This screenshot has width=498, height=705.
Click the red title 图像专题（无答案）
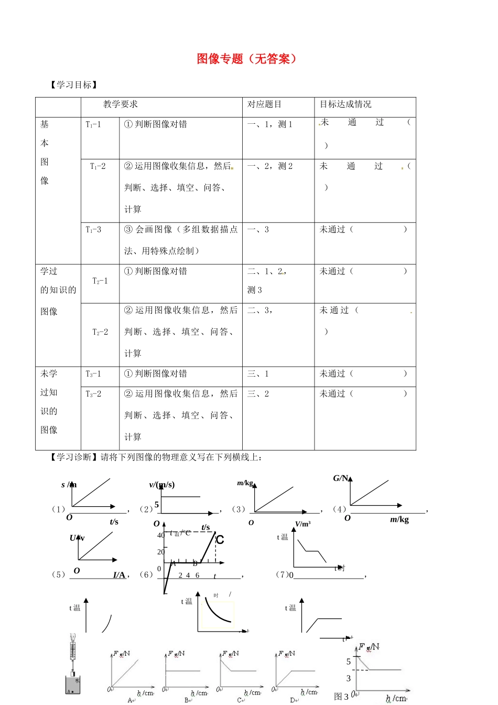[246, 59]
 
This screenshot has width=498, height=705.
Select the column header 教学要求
[121, 104]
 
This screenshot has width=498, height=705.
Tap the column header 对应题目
[264, 104]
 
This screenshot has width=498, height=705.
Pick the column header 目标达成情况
[345, 104]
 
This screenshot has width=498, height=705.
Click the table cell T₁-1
[93, 124]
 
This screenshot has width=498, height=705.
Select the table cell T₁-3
[93, 230]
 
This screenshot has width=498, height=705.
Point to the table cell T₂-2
[100, 332]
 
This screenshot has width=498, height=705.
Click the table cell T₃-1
[93, 374]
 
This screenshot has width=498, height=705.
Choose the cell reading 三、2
[258, 394]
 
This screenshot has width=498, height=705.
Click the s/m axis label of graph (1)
[69, 485]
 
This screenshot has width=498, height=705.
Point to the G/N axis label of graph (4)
[341, 478]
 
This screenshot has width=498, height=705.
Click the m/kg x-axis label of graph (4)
[399, 519]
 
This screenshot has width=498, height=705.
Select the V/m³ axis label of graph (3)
[302, 524]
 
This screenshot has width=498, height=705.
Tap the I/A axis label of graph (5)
[119, 575]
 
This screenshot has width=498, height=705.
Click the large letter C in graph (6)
[220, 540]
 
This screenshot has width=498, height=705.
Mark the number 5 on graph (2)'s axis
[157, 505]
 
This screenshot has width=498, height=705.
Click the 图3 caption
[341, 697]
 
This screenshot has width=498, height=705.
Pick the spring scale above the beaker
[73, 650]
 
